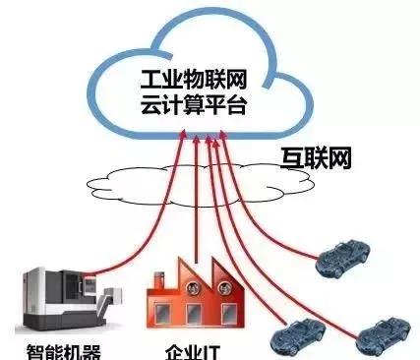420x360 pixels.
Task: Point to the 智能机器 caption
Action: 62,350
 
